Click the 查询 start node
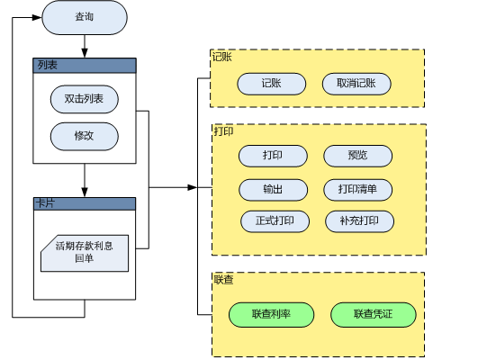coord(85,17)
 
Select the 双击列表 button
coord(85,99)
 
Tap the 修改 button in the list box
coord(85,136)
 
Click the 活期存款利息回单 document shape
coord(85,253)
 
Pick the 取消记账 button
coord(356,84)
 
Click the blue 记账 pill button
coord(272,84)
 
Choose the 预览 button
coord(358,156)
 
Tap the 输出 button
coord(273,190)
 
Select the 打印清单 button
coord(358,190)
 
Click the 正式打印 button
coord(275,221)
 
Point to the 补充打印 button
coord(360,221)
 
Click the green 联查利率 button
coord(272,315)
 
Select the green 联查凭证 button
coord(374,315)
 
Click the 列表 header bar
coord(85,66)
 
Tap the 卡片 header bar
coord(85,203)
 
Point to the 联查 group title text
coord(223,280)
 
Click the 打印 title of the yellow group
coord(223,131)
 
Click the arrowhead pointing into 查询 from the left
coord(37,17)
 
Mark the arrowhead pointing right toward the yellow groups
coord(193,187)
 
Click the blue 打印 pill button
coord(273,156)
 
